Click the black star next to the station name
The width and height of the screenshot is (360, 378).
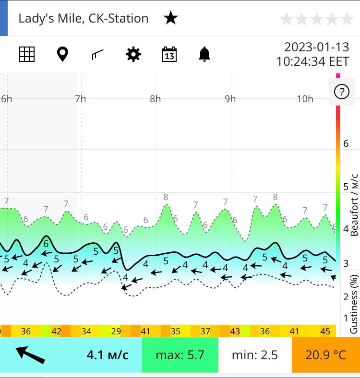click(171, 19)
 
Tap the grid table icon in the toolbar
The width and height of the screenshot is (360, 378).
click(27, 54)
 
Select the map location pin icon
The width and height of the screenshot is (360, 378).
click(62, 54)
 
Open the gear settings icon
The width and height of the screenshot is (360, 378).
click(133, 54)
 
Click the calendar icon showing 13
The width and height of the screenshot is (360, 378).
click(169, 54)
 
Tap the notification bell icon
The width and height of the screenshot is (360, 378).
click(204, 54)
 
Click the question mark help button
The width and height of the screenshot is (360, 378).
click(341, 92)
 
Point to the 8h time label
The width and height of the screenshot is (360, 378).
click(155, 99)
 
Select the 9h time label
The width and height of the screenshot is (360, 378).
click(230, 99)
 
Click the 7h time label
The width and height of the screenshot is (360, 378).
click(80, 99)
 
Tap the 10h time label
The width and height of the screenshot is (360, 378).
click(305, 99)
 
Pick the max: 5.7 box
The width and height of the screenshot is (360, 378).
click(180, 355)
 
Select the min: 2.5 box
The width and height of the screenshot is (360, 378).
click(255, 355)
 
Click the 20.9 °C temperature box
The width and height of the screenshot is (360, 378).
click(325, 355)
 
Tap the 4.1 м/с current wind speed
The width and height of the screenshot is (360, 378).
click(108, 355)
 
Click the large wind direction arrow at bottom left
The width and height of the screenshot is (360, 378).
click(30, 354)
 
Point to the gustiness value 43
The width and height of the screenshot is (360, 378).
click(235, 331)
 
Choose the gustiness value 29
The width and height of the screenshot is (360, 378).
click(116, 331)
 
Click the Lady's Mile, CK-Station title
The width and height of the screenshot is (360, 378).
click(84, 19)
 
